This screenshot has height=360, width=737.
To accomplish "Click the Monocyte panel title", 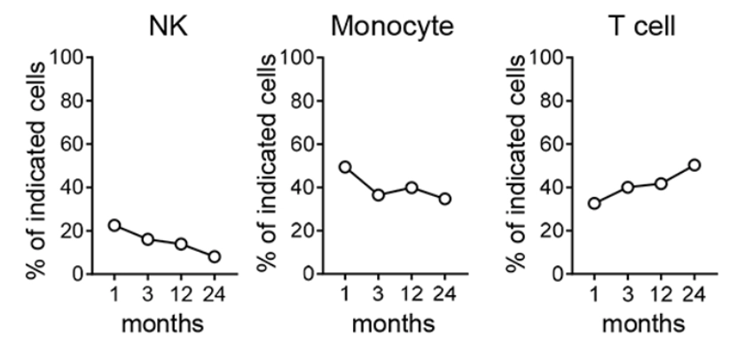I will (393, 27).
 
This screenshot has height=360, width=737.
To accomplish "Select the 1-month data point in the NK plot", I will (114, 225).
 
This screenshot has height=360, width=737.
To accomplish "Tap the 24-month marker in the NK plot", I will (214, 257).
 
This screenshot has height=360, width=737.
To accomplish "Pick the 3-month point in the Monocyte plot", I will (378, 195).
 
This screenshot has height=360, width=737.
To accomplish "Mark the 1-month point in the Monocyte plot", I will (345, 167).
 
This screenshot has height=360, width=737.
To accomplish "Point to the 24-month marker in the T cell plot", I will (694, 165).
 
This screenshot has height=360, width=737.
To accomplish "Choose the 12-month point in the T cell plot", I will (661, 184).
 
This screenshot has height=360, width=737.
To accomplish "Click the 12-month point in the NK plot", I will (180, 244).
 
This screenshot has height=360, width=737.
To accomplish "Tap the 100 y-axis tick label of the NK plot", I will (67, 59).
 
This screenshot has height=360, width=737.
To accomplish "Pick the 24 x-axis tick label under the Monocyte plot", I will (444, 293).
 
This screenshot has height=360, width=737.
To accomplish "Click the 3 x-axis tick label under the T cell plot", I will (628, 293).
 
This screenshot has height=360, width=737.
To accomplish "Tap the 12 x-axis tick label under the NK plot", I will (181, 293).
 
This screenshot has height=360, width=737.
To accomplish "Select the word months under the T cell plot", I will (644, 324).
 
